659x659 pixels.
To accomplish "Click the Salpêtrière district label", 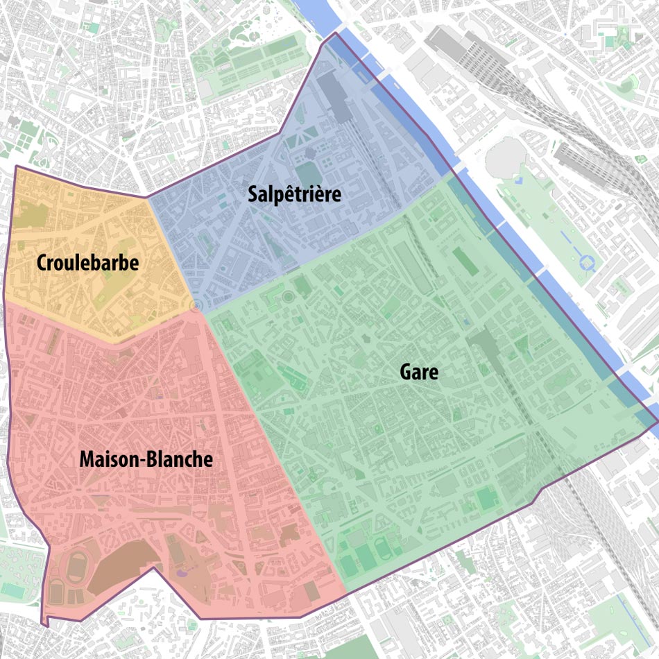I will click(x=295, y=195).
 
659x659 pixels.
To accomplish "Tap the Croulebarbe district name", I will click(x=88, y=264).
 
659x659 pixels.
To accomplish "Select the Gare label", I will click(x=419, y=373).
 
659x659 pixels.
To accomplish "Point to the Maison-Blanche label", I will click(x=146, y=460).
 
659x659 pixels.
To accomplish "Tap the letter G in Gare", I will click(x=405, y=373).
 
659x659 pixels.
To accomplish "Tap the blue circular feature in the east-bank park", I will click(x=589, y=262).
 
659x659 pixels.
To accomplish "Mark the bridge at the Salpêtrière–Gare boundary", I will click(x=458, y=169).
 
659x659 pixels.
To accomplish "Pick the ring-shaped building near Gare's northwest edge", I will click(x=287, y=298).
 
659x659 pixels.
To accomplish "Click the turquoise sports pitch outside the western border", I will click(x=12, y=590).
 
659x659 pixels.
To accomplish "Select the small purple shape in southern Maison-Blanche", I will click(x=182, y=573).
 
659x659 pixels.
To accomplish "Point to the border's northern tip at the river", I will click(x=336, y=33).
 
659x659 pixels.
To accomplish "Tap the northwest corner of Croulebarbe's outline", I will click(x=15, y=166).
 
